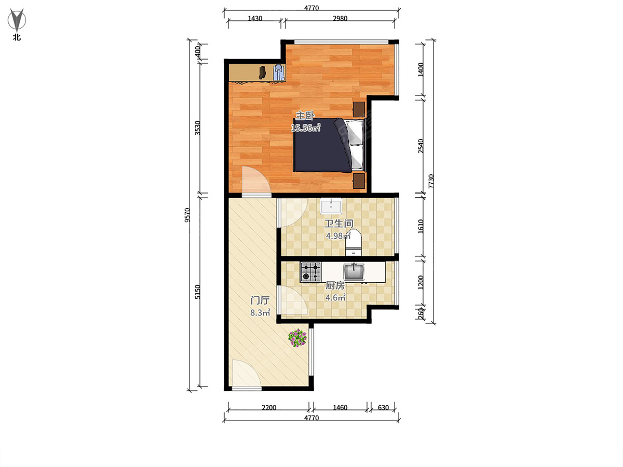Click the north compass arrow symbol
click(x=17, y=20)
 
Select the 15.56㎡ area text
click(x=306, y=128)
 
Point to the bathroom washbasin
click(x=331, y=206)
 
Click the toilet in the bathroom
click(x=353, y=242)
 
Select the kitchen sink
click(x=354, y=271)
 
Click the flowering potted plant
click(x=297, y=338)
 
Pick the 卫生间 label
click(x=339, y=224)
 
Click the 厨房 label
click(x=335, y=285)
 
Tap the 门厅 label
click(x=260, y=300)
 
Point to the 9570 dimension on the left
click(x=187, y=215)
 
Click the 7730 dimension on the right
click(x=431, y=182)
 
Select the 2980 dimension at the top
click(x=340, y=19)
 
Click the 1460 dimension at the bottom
click(x=340, y=408)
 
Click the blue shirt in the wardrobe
click(x=279, y=73)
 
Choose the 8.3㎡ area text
click(x=260, y=313)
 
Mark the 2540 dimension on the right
click(x=421, y=146)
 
